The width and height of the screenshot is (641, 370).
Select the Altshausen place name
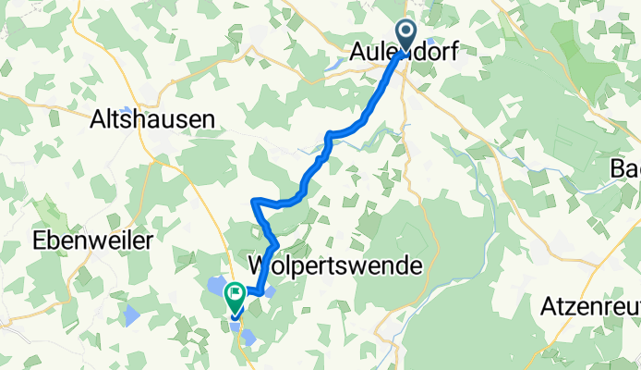click(x=153, y=118)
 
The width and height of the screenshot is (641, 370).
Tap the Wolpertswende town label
click(x=336, y=265)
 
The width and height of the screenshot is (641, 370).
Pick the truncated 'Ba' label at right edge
click(x=625, y=168)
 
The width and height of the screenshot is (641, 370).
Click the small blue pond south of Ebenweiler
click(x=132, y=314)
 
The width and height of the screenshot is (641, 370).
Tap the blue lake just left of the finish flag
click(x=214, y=288)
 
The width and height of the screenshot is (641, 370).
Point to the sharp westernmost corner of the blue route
click(x=253, y=201)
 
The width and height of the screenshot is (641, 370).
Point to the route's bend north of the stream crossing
click(x=328, y=135)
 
